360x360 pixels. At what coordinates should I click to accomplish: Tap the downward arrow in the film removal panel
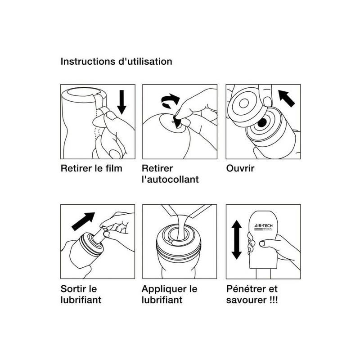click(121, 102)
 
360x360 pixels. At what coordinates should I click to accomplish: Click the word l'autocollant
click(170, 180)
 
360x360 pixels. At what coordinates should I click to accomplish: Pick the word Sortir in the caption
click(74, 289)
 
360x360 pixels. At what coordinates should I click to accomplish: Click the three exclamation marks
click(273, 300)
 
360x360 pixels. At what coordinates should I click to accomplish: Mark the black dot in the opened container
click(262, 122)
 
